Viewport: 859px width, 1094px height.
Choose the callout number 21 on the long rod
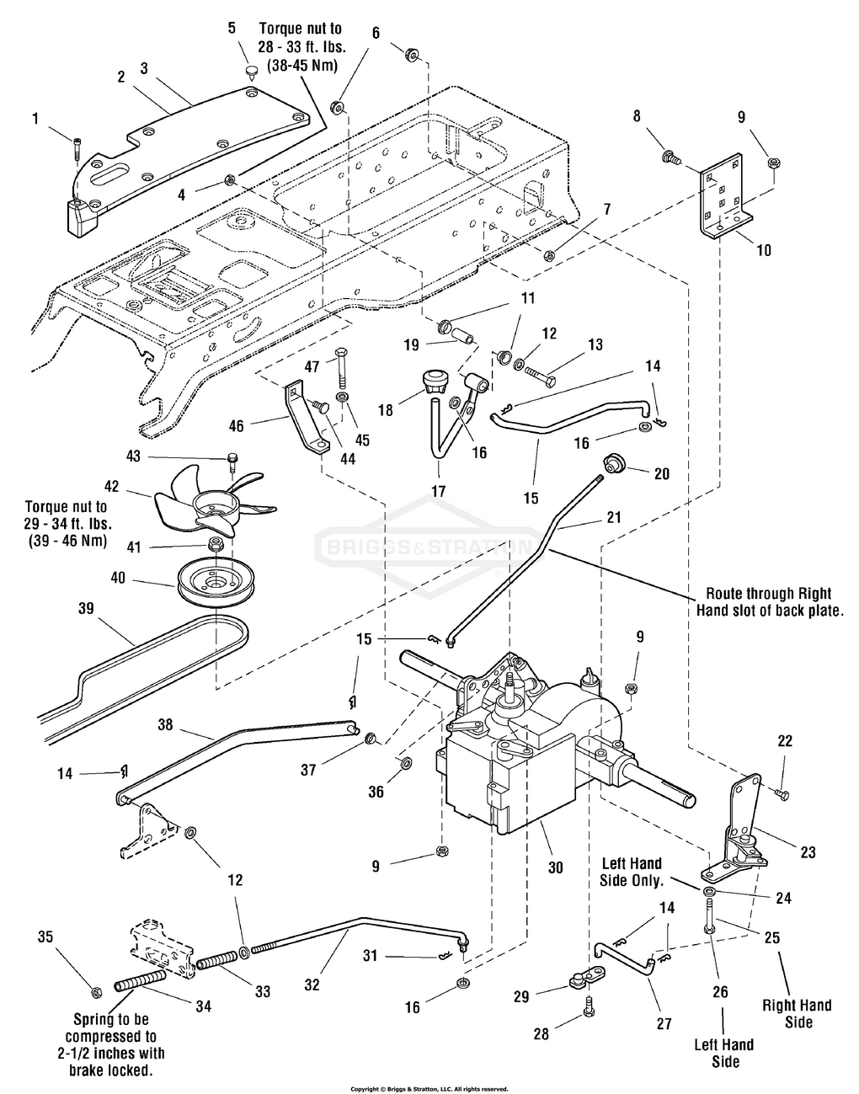[x=613, y=516]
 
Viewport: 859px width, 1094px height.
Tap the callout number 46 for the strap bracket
[x=236, y=427]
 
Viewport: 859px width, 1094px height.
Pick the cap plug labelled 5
[x=251, y=71]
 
